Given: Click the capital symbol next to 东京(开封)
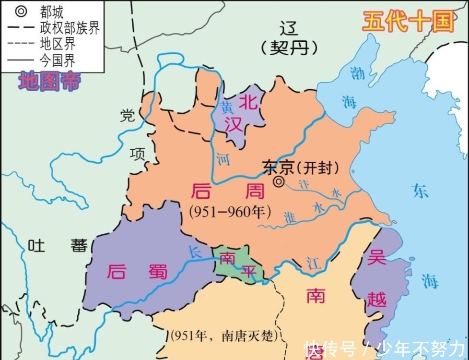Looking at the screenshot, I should [279, 181].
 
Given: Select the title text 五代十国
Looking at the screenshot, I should [408, 22].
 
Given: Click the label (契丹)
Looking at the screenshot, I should [290, 48].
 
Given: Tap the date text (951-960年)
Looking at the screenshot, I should [230, 211].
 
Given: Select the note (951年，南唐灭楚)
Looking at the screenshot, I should [224, 336].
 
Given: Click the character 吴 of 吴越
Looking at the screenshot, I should [376, 259].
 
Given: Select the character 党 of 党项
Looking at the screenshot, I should [128, 116].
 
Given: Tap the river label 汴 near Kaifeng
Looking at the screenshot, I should [303, 184].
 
